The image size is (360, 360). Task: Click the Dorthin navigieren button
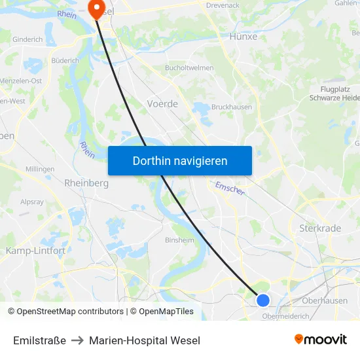(180, 160)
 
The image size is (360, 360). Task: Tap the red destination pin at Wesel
(96, 9)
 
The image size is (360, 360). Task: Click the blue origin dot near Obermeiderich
(263, 300)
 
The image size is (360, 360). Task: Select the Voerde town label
(162, 103)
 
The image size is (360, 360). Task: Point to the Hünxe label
(243, 37)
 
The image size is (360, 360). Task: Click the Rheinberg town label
(86, 183)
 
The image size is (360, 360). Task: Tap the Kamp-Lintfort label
(35, 251)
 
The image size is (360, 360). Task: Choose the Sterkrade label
(320, 228)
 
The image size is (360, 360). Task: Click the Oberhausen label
(325, 300)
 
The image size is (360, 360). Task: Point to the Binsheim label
(179, 240)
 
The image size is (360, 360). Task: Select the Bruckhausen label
(231, 107)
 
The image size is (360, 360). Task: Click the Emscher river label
(230, 189)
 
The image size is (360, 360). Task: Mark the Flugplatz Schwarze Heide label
(335, 93)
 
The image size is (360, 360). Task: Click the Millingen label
(40, 169)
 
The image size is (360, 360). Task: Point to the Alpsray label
(31, 202)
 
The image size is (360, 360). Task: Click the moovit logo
(321, 339)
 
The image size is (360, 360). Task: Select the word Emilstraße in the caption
(39, 340)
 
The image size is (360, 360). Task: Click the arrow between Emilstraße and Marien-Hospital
(77, 340)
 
